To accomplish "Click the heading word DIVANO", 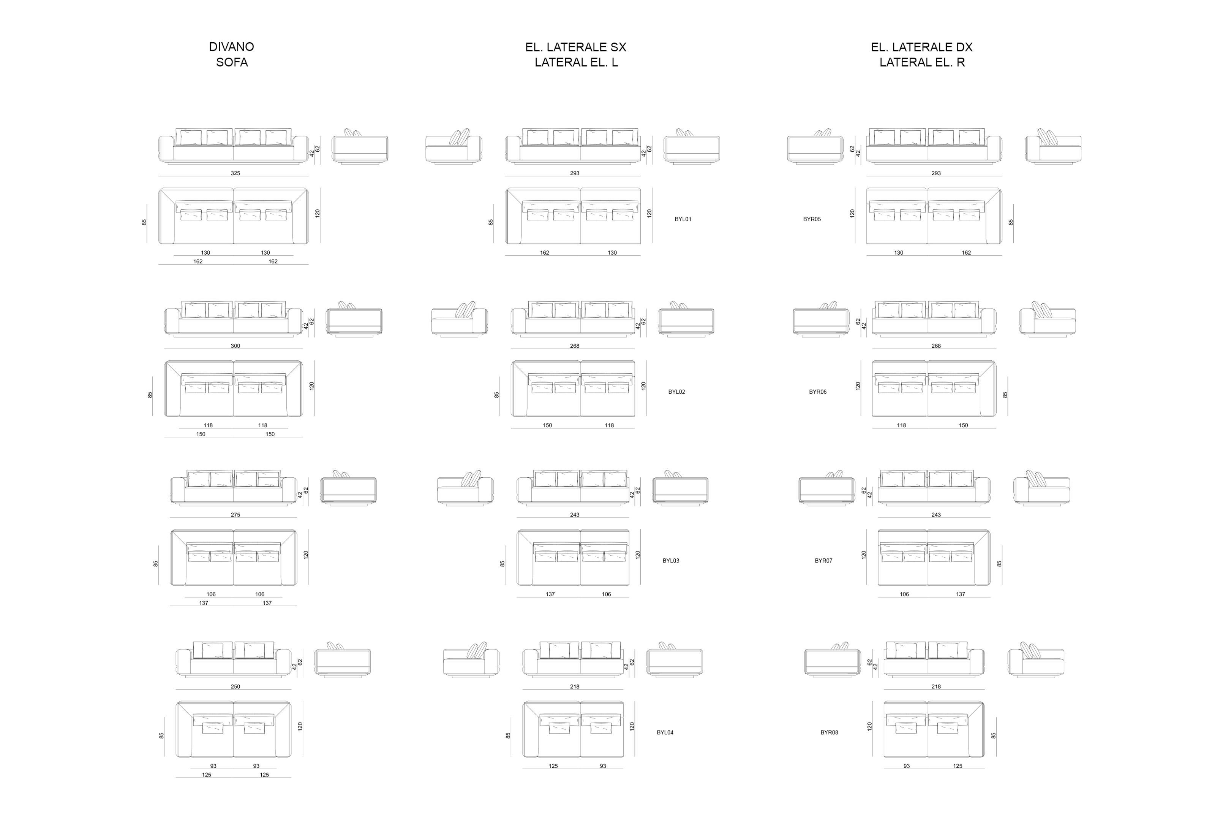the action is click(231, 47).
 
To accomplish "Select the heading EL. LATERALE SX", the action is click(575, 47).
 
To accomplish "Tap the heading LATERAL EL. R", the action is click(922, 62).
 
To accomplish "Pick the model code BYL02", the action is click(676, 391).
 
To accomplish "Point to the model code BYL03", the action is click(671, 561).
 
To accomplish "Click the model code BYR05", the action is click(812, 219).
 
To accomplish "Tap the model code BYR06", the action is click(818, 391).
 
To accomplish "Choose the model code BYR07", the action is click(823, 561).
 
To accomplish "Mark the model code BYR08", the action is click(829, 732).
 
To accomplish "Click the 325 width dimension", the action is click(235, 173).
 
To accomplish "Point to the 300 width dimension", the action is click(235, 346).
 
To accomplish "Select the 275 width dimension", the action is click(235, 515).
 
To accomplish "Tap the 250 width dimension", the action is click(235, 687).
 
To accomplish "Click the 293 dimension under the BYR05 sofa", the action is click(936, 173).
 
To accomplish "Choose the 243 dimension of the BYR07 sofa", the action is click(936, 515).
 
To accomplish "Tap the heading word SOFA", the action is click(232, 62).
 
